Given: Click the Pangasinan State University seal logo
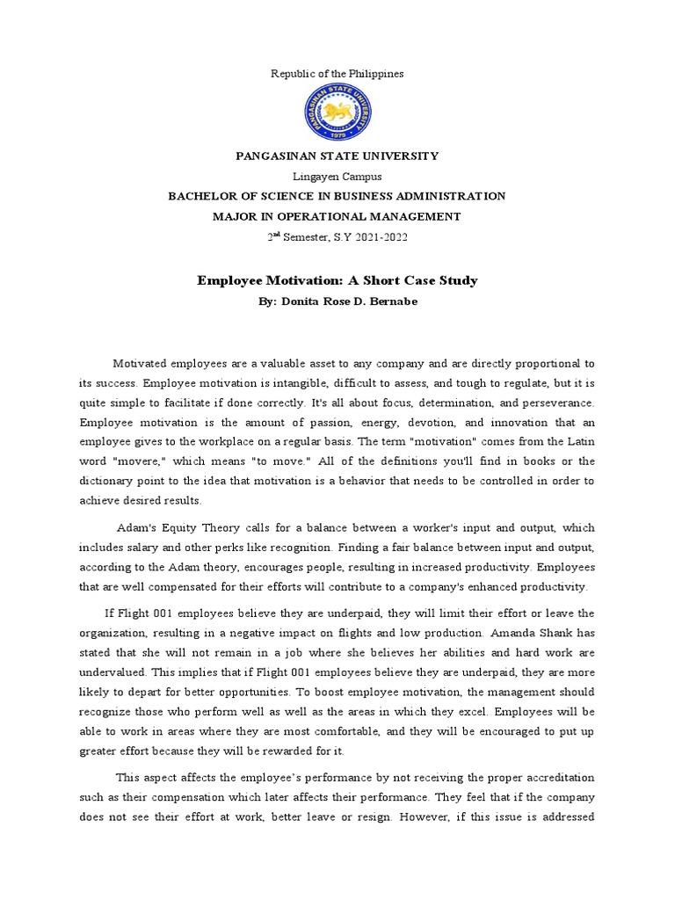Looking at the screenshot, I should tap(337, 112).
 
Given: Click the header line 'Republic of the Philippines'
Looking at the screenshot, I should tap(337, 74).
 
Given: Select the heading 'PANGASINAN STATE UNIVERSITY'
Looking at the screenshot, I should tap(337, 156).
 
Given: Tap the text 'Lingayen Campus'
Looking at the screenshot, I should tap(337, 176).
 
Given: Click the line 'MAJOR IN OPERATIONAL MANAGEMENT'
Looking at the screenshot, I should tap(337, 216).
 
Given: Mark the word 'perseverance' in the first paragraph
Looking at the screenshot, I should tap(556, 403).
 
